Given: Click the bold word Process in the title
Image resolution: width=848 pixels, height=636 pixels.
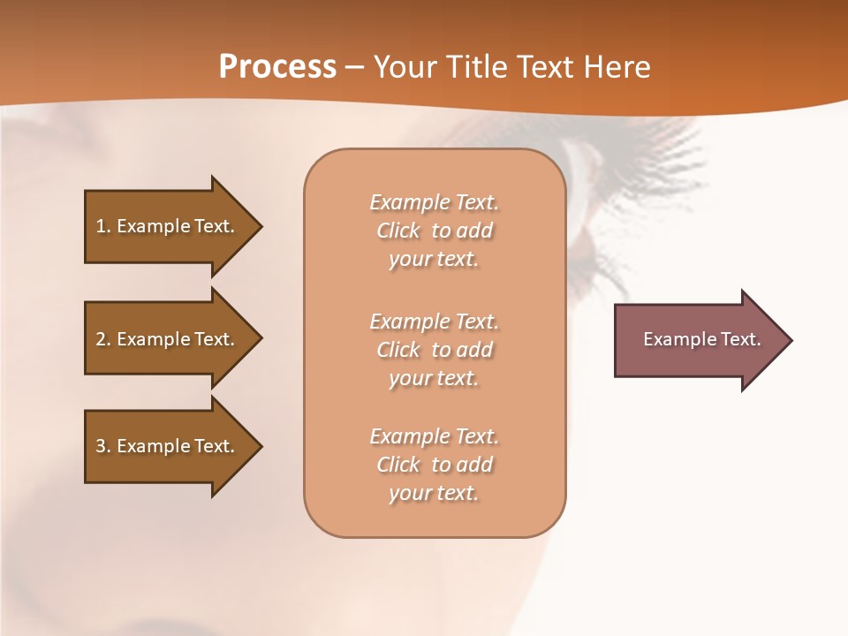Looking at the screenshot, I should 277,67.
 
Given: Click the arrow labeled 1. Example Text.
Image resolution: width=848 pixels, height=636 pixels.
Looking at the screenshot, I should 168,226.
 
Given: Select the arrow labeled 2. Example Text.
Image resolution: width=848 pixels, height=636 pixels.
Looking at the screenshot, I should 168,339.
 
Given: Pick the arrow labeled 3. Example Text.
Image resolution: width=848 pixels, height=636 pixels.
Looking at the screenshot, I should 168,446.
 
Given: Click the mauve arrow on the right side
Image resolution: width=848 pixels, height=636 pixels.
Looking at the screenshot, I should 698,339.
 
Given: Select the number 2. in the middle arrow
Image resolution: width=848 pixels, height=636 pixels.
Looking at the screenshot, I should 103,339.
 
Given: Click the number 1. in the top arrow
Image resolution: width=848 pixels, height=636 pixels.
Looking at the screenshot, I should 103,226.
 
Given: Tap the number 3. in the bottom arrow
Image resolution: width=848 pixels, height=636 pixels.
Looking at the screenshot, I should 103,446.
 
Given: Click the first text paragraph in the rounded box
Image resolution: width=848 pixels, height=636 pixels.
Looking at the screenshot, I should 434,231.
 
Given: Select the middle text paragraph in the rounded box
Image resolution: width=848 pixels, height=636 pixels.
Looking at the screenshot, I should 434,350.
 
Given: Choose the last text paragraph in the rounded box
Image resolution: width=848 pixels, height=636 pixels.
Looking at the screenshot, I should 434,465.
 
